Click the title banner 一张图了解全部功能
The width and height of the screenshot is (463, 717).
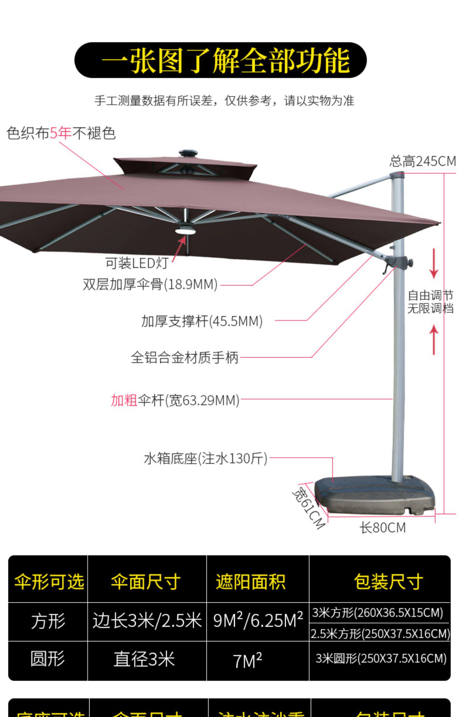tap(220, 60)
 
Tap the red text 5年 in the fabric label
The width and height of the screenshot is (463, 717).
tap(60, 133)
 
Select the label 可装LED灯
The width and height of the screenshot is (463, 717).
tap(137, 263)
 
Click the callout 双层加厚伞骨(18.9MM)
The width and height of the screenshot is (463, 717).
tap(150, 284)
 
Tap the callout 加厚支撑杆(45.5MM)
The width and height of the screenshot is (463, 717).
tap(202, 321)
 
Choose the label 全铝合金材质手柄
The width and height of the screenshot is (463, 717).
tap(185, 358)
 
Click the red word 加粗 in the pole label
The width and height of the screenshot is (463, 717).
tap(124, 400)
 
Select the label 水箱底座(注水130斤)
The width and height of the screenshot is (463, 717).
tap(206, 459)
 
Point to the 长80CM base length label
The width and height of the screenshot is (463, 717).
tap(382, 527)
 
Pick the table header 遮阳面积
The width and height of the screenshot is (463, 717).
tap(251, 581)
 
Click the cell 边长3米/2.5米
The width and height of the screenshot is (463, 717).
tap(147, 621)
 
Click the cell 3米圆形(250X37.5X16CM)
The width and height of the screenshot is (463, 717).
tap(381, 659)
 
